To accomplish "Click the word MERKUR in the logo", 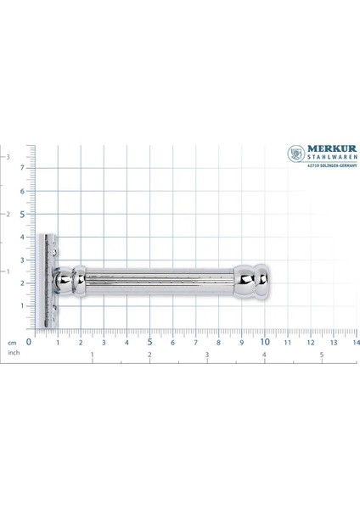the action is [332, 148].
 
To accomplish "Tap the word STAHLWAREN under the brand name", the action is [332, 158].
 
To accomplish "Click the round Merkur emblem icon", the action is [296, 154].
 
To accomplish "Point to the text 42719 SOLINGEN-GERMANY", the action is [332, 165].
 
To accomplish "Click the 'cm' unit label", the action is [12, 343].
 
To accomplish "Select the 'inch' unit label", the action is [14, 353].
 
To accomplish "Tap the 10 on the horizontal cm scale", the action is [265, 342].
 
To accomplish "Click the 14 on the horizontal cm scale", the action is [356, 343].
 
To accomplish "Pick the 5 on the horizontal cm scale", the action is [149, 342].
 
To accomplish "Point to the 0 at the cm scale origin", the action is [29, 342].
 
